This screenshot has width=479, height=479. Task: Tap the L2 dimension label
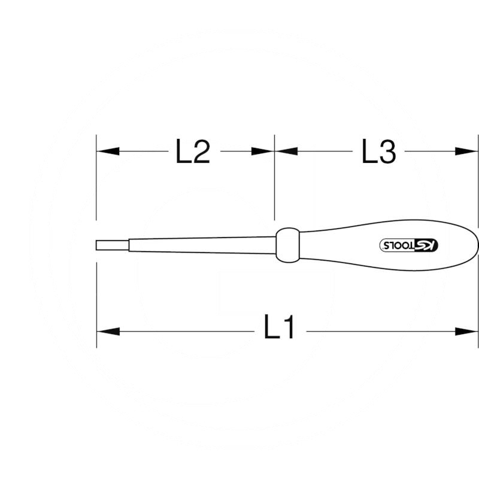[x=192, y=152]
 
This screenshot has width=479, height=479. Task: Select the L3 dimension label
[x=379, y=152]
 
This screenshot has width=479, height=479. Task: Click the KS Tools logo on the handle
[x=410, y=245]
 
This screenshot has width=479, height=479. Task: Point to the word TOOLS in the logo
[x=399, y=245]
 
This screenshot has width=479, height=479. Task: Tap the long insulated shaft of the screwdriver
[x=198, y=245]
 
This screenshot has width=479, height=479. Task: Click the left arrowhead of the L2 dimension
[x=108, y=152]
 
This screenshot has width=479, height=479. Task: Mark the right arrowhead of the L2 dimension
[x=263, y=152]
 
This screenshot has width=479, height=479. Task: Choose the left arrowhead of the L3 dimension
[x=286, y=152]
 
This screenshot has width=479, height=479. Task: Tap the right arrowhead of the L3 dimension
[x=466, y=152]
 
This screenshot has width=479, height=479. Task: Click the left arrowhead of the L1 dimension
[x=108, y=331]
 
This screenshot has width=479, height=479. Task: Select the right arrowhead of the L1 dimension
[x=466, y=331]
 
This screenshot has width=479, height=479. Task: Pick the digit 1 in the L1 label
[x=289, y=330]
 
